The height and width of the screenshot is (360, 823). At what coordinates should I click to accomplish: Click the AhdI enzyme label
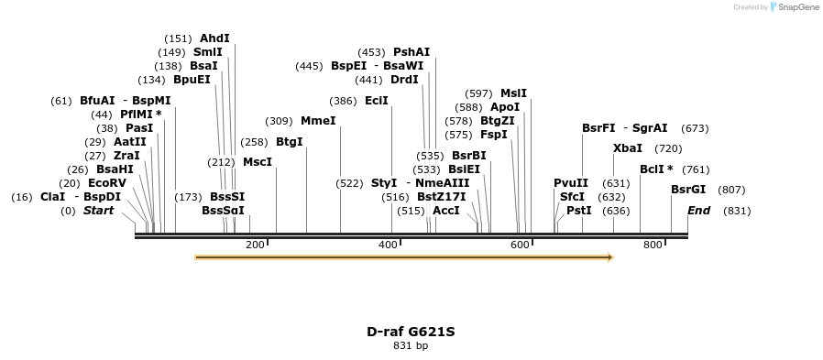(x=214, y=38)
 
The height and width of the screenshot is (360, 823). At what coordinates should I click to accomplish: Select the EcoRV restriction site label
(x=106, y=182)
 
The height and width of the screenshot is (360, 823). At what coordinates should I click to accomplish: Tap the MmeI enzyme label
(x=318, y=121)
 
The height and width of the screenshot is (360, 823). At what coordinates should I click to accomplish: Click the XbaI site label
(x=627, y=148)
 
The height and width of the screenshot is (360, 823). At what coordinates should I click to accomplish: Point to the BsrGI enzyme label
(x=688, y=190)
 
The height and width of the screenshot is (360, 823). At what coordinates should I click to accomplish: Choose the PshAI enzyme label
(x=411, y=52)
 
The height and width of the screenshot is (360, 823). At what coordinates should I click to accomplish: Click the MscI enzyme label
(x=258, y=162)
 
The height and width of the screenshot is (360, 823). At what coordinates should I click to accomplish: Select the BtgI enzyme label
(x=289, y=142)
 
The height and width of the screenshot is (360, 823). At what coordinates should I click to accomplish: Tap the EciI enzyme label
(x=376, y=101)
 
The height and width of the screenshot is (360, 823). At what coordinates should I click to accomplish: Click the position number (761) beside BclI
(x=696, y=169)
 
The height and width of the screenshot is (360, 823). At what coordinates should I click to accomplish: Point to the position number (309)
(x=279, y=121)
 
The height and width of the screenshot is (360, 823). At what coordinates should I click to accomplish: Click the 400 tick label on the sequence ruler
(x=388, y=245)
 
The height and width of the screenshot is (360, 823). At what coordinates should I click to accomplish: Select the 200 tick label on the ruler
(x=255, y=245)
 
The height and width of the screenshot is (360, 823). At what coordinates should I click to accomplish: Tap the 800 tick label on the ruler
(x=653, y=245)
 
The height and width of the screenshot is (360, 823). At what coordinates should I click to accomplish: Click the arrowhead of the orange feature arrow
(x=609, y=257)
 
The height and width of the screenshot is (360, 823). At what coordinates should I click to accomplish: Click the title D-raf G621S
(x=411, y=332)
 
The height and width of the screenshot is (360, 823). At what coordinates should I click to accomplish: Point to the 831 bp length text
(x=411, y=346)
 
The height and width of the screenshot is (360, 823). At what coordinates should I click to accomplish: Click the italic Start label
(x=99, y=211)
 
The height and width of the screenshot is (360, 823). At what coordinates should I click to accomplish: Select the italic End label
(x=698, y=211)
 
